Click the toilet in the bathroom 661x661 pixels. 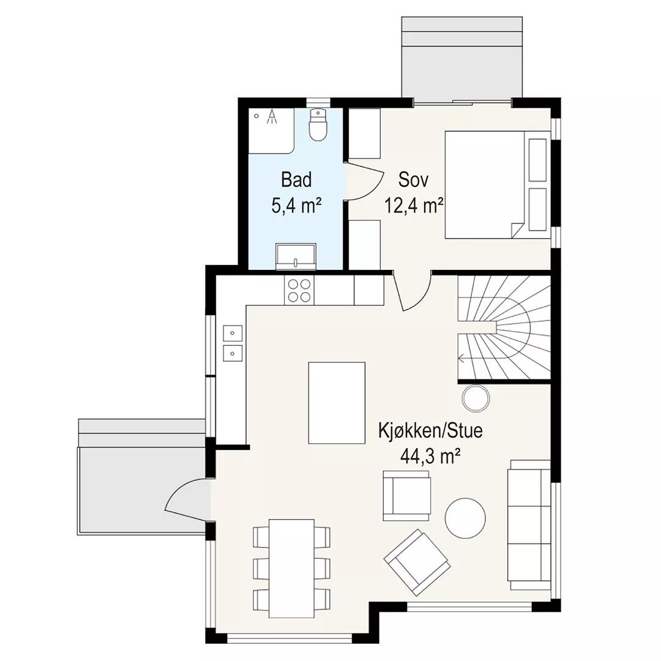coord(318,125)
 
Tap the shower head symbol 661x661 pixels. coord(272,117)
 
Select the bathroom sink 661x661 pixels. coord(296,256)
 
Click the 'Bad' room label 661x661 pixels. coord(296,180)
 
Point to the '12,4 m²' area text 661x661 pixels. coord(414,206)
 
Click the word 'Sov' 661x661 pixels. coord(414,180)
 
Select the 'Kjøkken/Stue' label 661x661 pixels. coord(430,431)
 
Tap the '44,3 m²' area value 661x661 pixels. coord(430,456)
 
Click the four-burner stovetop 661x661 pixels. coord(299,291)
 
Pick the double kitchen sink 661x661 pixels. coord(233,343)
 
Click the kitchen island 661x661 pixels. coord(337,403)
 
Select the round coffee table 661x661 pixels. coord(465,518)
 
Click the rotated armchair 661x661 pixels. coord(417,562)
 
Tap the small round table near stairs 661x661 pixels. coord(476,398)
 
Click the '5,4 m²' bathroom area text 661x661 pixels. coord(296,206)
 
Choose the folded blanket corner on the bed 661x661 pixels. coord(517,230)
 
